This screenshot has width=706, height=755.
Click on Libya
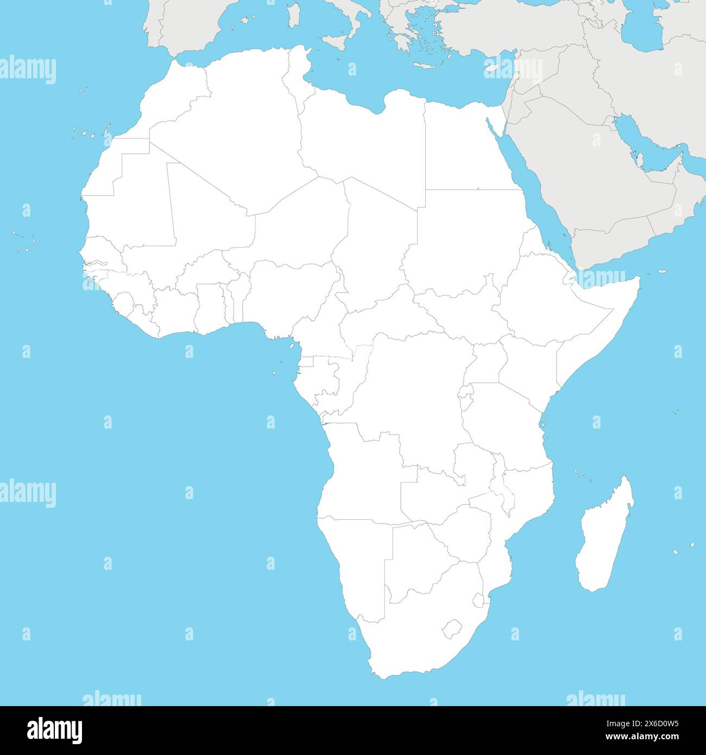click(364, 141)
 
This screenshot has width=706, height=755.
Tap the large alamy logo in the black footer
click(54, 730)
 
